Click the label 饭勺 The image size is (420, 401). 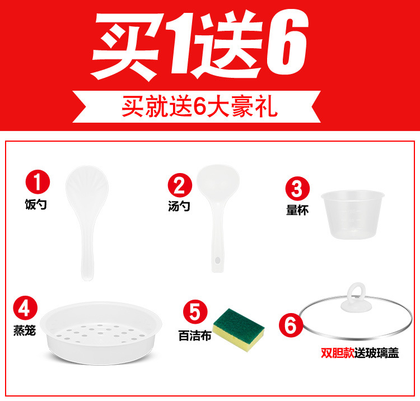click(36, 204)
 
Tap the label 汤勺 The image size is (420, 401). click(179, 206)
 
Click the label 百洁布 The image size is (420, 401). click(192, 336)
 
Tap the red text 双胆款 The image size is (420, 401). click(335, 353)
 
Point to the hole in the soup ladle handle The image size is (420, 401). click(216, 260)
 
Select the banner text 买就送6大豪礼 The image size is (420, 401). click(199, 106)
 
